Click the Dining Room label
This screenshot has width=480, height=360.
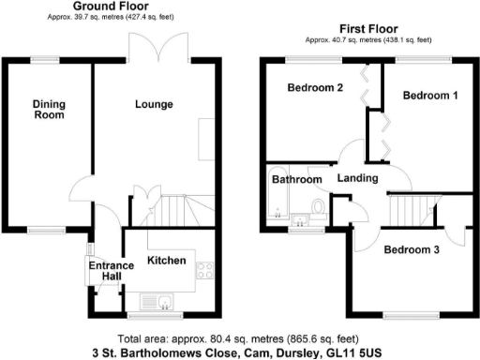point(49,109)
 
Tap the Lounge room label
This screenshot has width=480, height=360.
point(153,104)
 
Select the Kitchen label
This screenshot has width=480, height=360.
point(167,260)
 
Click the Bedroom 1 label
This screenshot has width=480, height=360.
point(430,96)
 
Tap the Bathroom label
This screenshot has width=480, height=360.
point(297,179)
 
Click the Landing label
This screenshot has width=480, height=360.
point(359,178)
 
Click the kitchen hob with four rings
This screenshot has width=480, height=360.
point(205,272)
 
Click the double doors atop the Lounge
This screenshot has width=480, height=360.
point(153,50)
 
